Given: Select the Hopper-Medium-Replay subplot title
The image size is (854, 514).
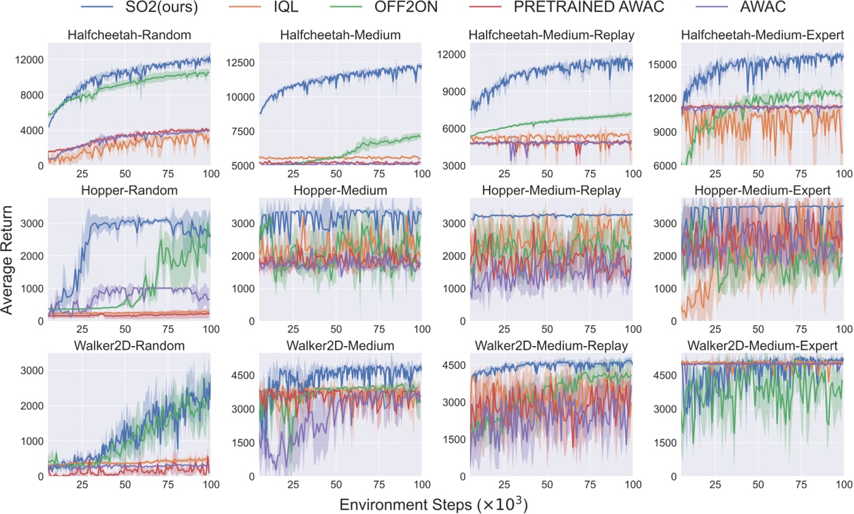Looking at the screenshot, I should (x=552, y=190).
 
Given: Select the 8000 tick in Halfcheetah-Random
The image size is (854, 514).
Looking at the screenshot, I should (x=31, y=95).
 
